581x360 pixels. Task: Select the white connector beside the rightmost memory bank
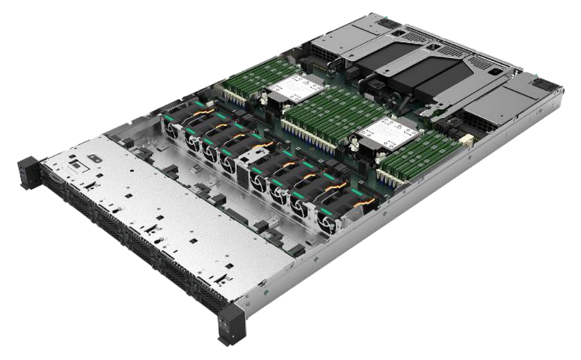click(465, 139)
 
